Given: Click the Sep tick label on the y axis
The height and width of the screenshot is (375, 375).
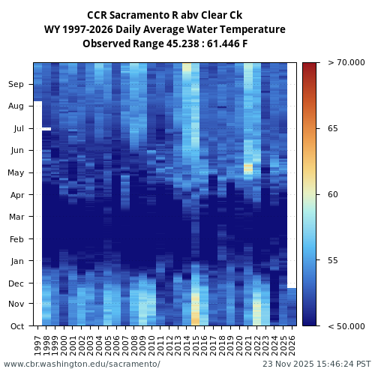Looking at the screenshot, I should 16,85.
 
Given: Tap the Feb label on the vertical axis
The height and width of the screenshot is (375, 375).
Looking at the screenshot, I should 16,240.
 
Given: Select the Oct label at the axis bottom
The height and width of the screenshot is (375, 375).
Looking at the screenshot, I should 16,325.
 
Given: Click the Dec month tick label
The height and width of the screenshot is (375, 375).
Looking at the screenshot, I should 16,283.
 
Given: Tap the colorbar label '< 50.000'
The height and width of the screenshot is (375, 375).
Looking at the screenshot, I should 346,325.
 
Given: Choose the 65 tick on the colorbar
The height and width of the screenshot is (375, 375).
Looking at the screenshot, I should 332,129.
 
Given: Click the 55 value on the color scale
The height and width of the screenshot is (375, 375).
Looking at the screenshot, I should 332,260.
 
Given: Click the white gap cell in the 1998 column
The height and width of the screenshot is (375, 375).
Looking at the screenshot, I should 46,129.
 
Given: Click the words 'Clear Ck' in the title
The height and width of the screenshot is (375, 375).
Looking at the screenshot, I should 221,15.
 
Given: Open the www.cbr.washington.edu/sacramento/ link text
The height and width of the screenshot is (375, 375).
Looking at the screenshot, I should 82,364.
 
